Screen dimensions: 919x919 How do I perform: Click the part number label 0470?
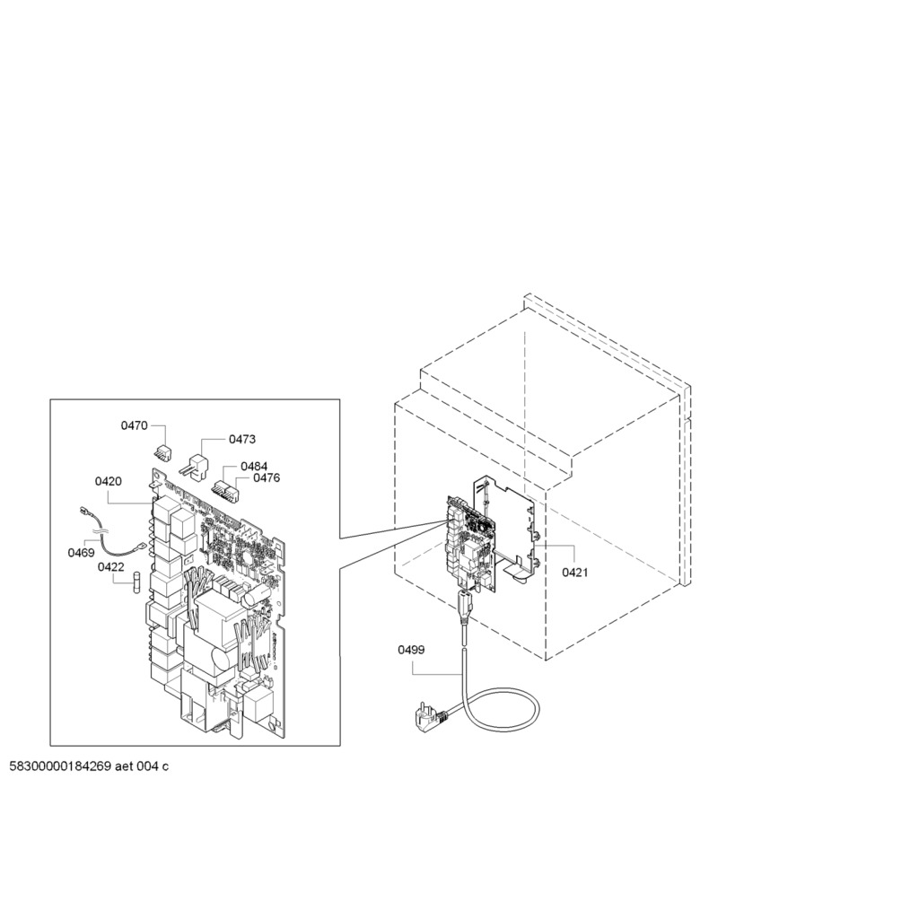tap(135, 425)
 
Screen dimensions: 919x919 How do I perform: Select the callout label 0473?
tap(242, 439)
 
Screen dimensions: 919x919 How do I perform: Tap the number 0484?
tap(254, 467)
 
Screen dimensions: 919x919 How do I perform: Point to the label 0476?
tap(267, 477)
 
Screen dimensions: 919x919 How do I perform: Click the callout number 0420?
tap(109, 481)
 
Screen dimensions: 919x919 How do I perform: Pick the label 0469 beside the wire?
tap(81, 553)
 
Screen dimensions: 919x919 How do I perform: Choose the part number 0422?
tap(110, 567)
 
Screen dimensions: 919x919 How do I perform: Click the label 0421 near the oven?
tap(575, 572)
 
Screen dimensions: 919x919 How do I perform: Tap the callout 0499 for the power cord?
tap(411, 650)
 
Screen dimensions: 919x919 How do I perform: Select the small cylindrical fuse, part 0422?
tap(137, 582)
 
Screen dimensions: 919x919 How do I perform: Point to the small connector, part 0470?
tap(162, 452)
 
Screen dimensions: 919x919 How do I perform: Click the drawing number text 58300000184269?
tap(60, 766)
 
